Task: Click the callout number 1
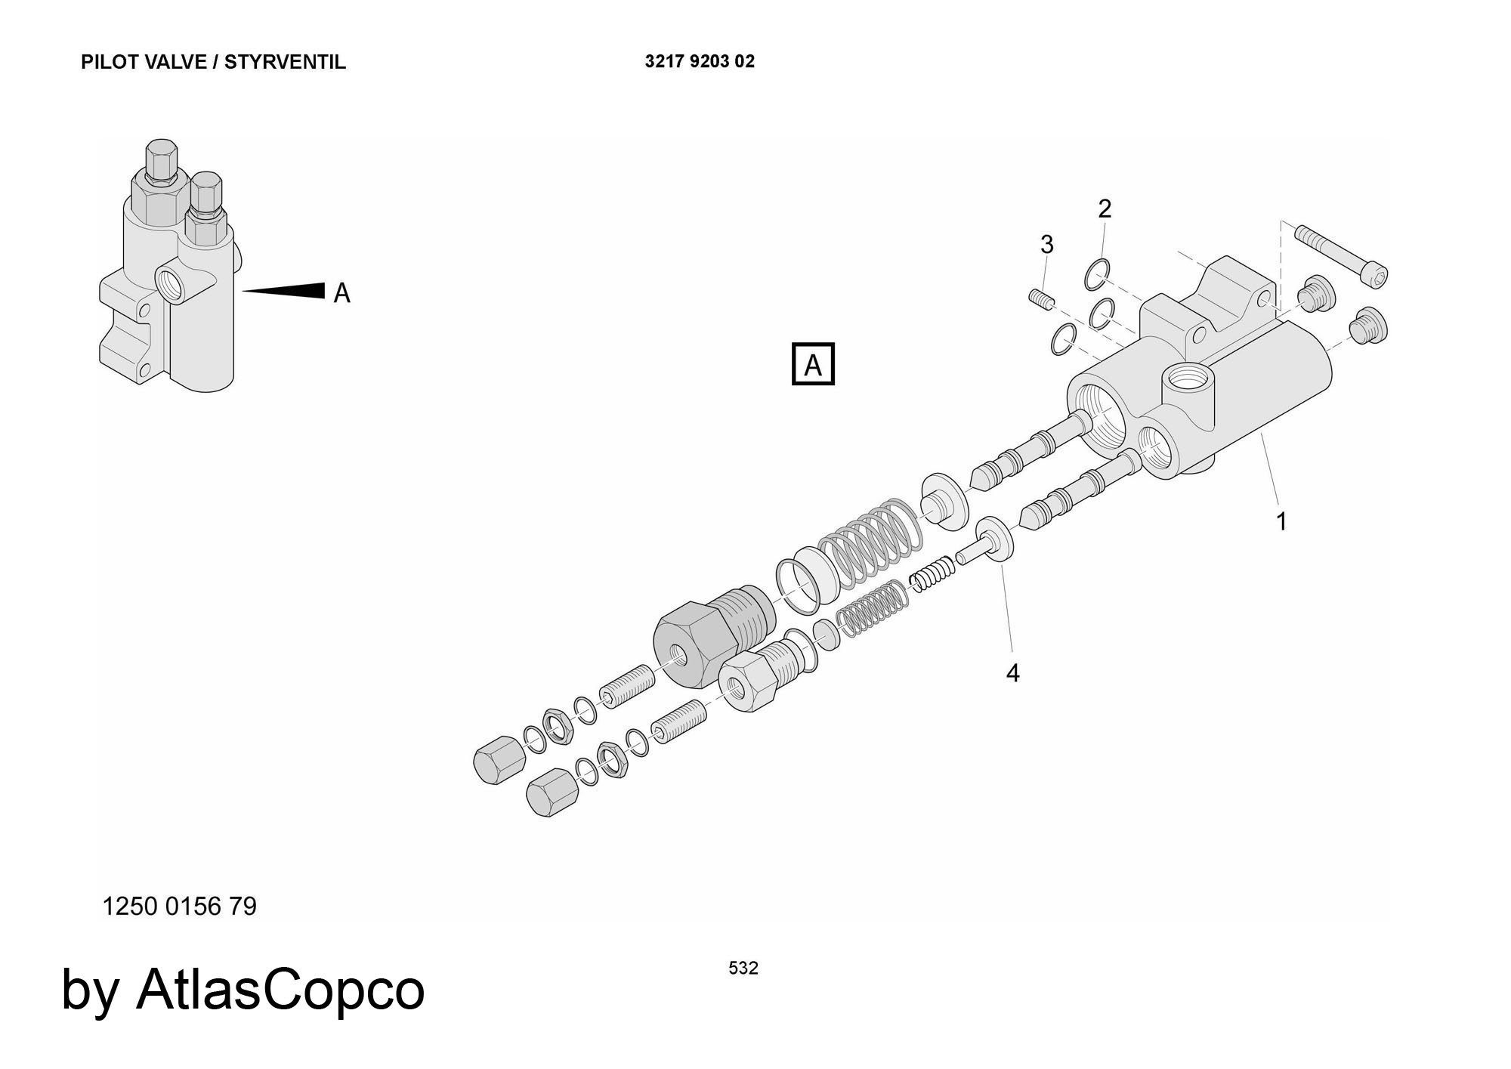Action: (1281, 521)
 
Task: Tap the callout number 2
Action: (1105, 209)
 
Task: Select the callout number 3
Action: (1046, 245)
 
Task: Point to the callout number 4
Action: (1012, 672)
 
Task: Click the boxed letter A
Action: (813, 365)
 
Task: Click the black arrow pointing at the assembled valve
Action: (287, 291)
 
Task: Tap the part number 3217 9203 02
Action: (700, 62)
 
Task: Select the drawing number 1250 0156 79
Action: (179, 906)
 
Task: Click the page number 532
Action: (743, 968)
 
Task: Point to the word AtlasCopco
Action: (280, 989)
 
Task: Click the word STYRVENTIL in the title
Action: (285, 62)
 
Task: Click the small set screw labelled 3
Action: (1040, 299)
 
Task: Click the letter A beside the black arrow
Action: (342, 292)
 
